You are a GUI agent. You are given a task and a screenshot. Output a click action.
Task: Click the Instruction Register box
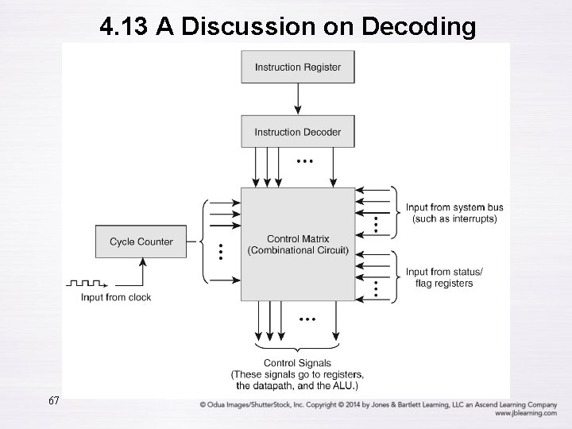pyautogui.click(x=298, y=67)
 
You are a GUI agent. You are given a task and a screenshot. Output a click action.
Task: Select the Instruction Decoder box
pyautogui.click(x=298, y=132)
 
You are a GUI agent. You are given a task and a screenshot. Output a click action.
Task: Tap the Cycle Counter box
pyautogui.click(x=141, y=242)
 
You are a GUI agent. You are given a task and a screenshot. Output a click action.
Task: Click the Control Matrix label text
pyautogui.click(x=298, y=239)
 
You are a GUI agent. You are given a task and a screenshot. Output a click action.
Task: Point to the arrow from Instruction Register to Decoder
pyautogui.click(x=298, y=99)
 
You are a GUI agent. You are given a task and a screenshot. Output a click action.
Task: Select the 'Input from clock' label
pyautogui.click(x=116, y=297)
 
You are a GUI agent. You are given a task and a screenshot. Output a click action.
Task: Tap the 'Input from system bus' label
pyautogui.click(x=454, y=208)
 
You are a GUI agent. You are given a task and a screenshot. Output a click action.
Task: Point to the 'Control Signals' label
pyautogui.click(x=296, y=364)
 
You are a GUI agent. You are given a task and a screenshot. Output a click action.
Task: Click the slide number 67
pyautogui.click(x=54, y=400)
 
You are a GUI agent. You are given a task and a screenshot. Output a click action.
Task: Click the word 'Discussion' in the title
pyautogui.click(x=267, y=26)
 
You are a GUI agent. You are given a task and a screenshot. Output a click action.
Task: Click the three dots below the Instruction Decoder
pyautogui.click(x=304, y=160)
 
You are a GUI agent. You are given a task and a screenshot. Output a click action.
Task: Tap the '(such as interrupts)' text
pyautogui.click(x=454, y=218)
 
